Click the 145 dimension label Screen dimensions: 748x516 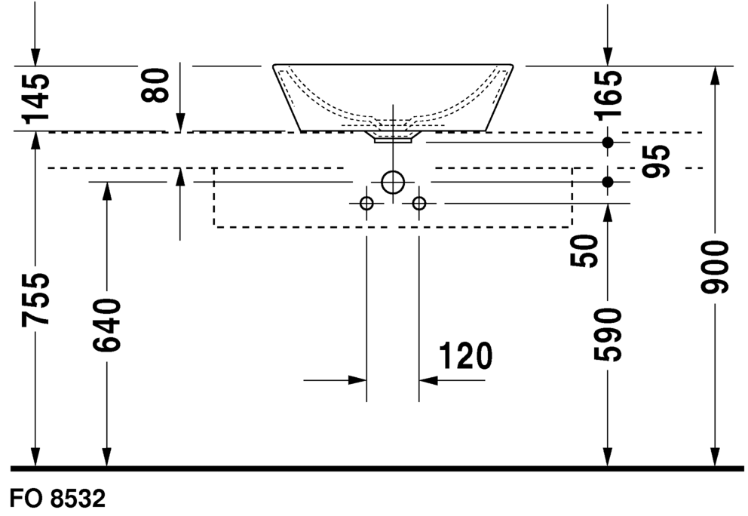(35, 97)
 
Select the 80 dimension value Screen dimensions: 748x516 (155, 85)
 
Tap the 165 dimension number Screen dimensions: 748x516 (608, 94)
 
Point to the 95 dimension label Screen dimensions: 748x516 (656, 161)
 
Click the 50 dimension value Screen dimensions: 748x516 (584, 250)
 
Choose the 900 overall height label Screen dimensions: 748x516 (715, 266)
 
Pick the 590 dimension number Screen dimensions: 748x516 (608, 334)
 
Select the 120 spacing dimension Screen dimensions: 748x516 (465, 355)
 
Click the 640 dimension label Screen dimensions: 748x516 (107, 325)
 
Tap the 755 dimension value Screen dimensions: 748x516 (35, 299)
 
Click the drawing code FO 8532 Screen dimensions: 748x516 (57, 499)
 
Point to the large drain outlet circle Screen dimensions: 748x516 (393, 171)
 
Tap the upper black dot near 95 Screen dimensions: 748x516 (607, 143)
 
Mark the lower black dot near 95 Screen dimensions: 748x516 (607, 182)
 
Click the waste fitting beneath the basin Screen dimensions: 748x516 (393, 137)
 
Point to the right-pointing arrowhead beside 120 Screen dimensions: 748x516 (357, 380)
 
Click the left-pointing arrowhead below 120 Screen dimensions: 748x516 (428, 380)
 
